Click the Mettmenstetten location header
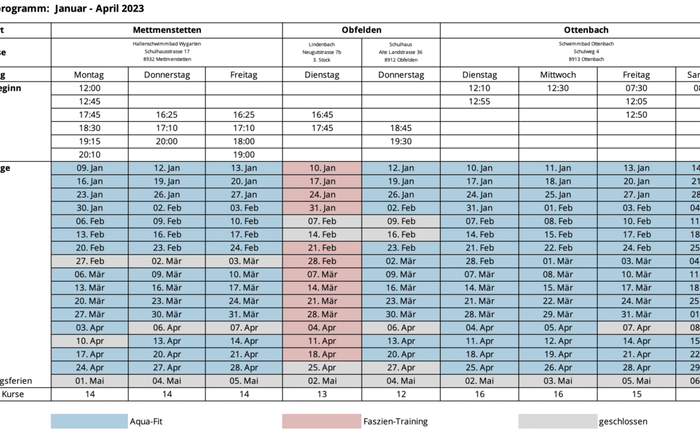[167, 30]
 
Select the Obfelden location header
[361, 30]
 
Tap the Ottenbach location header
[586, 30]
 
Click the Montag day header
[89, 74]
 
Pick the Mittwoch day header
[557, 74]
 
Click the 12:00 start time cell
[89, 88]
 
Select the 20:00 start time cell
[167, 141]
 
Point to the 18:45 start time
[401, 128]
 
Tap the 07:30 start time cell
[636, 88]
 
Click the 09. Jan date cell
[89, 168]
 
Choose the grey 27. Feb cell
[89, 262]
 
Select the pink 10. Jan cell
[322, 168]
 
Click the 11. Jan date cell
[557, 168]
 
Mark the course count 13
[322, 394]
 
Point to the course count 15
[636, 394]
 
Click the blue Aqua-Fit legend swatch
[89, 421]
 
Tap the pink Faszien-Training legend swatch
[321, 421]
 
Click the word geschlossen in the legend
[623, 421]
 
